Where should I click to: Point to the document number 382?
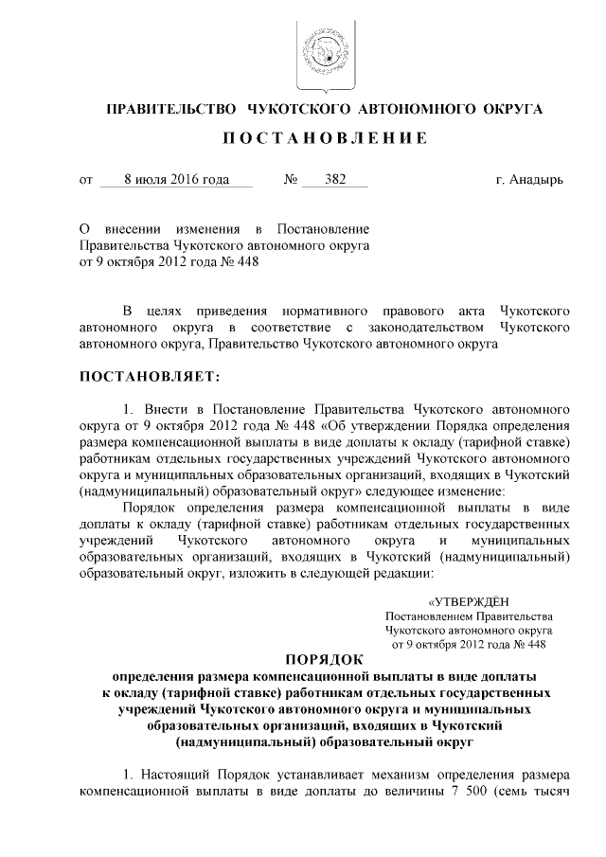coord(334,180)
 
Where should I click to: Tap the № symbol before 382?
coord(292,180)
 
